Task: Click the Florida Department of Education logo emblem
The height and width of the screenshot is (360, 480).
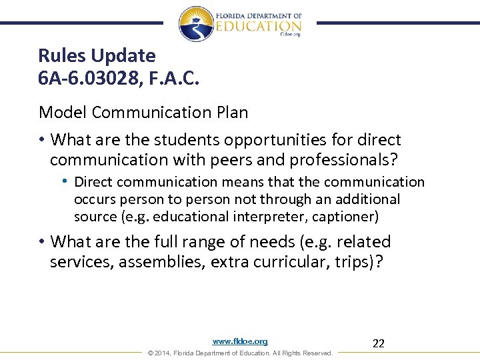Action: click(196, 23)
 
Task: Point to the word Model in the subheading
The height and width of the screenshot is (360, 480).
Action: click(63, 112)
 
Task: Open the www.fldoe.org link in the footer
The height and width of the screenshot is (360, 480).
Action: click(240, 341)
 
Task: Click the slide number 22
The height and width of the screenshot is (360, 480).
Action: click(378, 343)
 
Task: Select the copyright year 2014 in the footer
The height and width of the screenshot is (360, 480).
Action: click(163, 353)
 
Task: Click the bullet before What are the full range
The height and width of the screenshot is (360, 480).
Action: click(41, 242)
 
